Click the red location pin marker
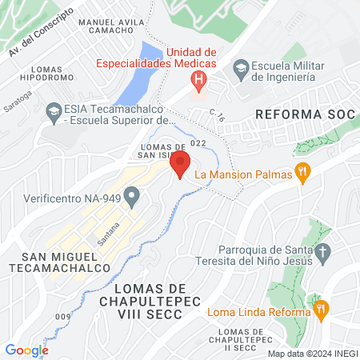(180, 164)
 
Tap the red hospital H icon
(198, 80)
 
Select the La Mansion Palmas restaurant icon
(302, 173)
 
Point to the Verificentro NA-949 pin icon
(132, 195)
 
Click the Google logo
(26, 350)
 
